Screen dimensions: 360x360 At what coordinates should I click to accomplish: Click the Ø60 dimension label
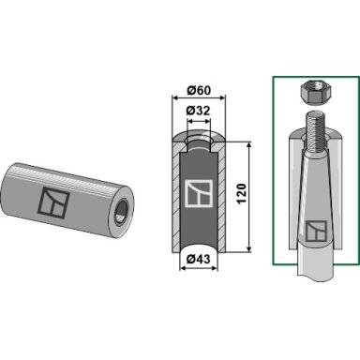tap(199, 90)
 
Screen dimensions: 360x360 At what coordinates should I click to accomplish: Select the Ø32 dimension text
tap(199, 111)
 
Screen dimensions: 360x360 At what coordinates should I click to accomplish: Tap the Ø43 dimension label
tap(198, 259)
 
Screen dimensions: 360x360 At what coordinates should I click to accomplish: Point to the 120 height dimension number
tap(242, 194)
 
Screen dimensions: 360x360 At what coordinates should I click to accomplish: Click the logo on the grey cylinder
tap(53, 202)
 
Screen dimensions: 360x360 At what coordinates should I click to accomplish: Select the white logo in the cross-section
tap(198, 193)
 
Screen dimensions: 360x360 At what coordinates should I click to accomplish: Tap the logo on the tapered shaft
tap(316, 231)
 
